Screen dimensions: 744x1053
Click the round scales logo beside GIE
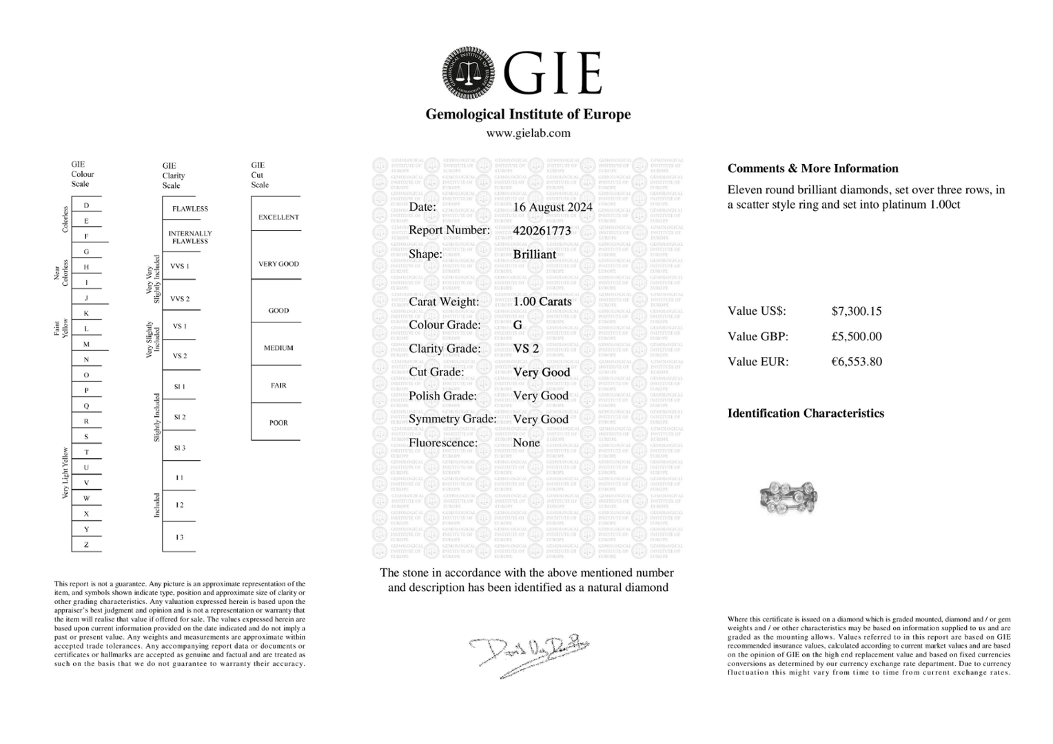coord(468,72)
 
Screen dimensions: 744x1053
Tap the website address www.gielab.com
coord(528,134)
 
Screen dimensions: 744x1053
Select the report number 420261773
coord(542,231)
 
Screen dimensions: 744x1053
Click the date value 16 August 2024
coord(553,207)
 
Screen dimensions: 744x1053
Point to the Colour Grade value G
coord(518,325)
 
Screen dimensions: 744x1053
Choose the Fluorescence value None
coord(526,443)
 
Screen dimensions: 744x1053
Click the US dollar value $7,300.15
coord(857,311)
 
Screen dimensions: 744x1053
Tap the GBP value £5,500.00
coord(857,337)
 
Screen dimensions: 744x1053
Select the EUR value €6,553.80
coord(857,362)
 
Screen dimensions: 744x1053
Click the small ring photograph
coord(788,495)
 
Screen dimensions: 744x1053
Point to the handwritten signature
coord(529,652)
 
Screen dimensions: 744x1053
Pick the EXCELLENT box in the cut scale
coord(278,217)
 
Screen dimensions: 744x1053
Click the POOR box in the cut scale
coord(278,423)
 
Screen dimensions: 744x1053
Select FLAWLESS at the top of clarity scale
coord(190,209)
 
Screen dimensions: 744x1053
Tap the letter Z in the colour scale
coord(86,545)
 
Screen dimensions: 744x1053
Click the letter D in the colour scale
coord(86,205)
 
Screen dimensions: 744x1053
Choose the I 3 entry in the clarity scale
coord(179,537)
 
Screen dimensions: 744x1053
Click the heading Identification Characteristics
coord(806,413)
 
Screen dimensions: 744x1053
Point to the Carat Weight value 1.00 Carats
coord(542,302)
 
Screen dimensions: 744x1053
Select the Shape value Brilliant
coord(534,254)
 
